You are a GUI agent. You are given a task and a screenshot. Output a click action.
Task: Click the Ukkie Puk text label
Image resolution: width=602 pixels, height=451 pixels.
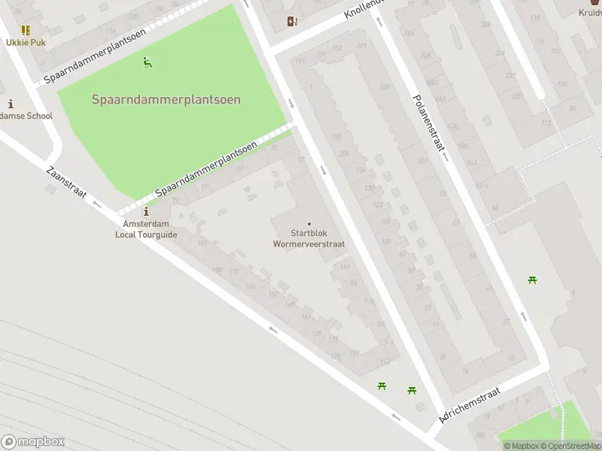26,42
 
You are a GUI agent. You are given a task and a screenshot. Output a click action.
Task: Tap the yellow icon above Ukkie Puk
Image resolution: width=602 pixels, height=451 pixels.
26,30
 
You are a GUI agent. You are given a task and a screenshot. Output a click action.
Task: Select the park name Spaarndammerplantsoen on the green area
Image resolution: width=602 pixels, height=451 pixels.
166,99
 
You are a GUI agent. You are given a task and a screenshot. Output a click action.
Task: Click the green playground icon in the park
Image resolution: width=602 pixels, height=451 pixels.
147,62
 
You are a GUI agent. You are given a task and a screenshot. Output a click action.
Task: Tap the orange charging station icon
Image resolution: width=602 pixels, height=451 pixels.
292,22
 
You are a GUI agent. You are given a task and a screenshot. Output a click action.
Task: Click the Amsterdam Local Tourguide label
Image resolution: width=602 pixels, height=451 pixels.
146,229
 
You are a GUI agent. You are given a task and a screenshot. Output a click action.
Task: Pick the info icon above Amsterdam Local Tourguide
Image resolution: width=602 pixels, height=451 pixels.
146,213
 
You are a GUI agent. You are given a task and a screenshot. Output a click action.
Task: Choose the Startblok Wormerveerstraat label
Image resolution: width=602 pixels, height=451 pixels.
309,238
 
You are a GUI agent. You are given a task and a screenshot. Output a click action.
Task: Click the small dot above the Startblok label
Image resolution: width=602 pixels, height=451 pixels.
309,223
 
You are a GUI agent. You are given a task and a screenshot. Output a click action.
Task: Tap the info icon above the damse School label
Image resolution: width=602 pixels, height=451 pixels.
11,104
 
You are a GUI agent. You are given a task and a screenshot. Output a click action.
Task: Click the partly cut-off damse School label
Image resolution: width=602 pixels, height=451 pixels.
26,116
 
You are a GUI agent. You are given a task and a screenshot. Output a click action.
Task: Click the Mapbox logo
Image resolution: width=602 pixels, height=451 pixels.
33,442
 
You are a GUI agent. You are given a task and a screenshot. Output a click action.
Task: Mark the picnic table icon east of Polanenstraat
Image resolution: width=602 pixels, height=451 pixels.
533,280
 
